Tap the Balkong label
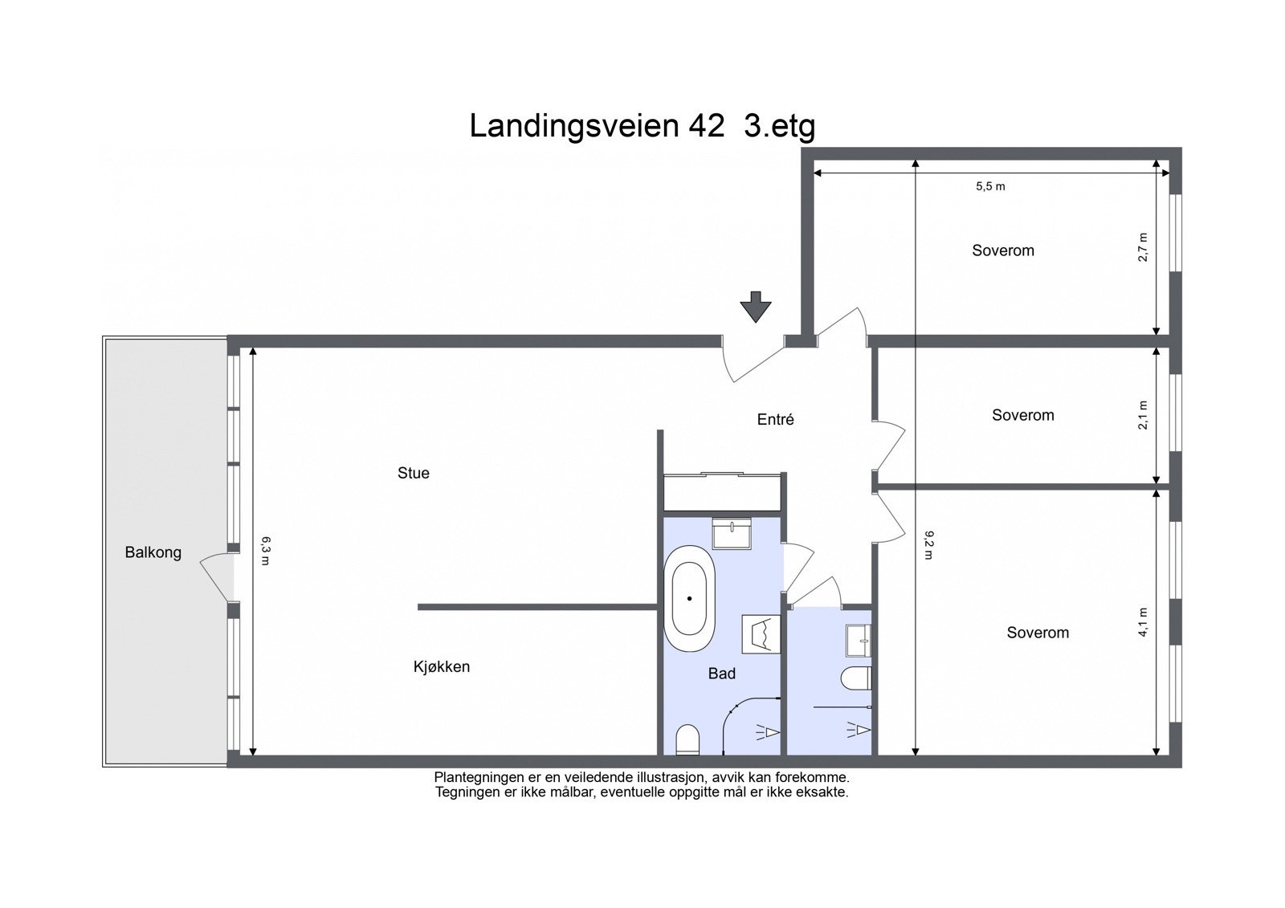click(153, 552)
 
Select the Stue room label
click(414, 473)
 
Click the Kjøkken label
click(442, 666)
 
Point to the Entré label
click(776, 419)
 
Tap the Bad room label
click(721, 674)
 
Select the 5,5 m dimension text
click(990, 186)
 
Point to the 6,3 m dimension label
click(265, 551)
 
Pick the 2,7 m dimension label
click(1144, 246)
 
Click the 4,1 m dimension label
click(1144, 622)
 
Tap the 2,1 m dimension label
click(1144, 415)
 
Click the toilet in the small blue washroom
click(856, 679)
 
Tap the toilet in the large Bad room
click(688, 739)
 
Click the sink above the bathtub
click(732, 533)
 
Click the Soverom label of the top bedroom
click(1003, 250)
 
